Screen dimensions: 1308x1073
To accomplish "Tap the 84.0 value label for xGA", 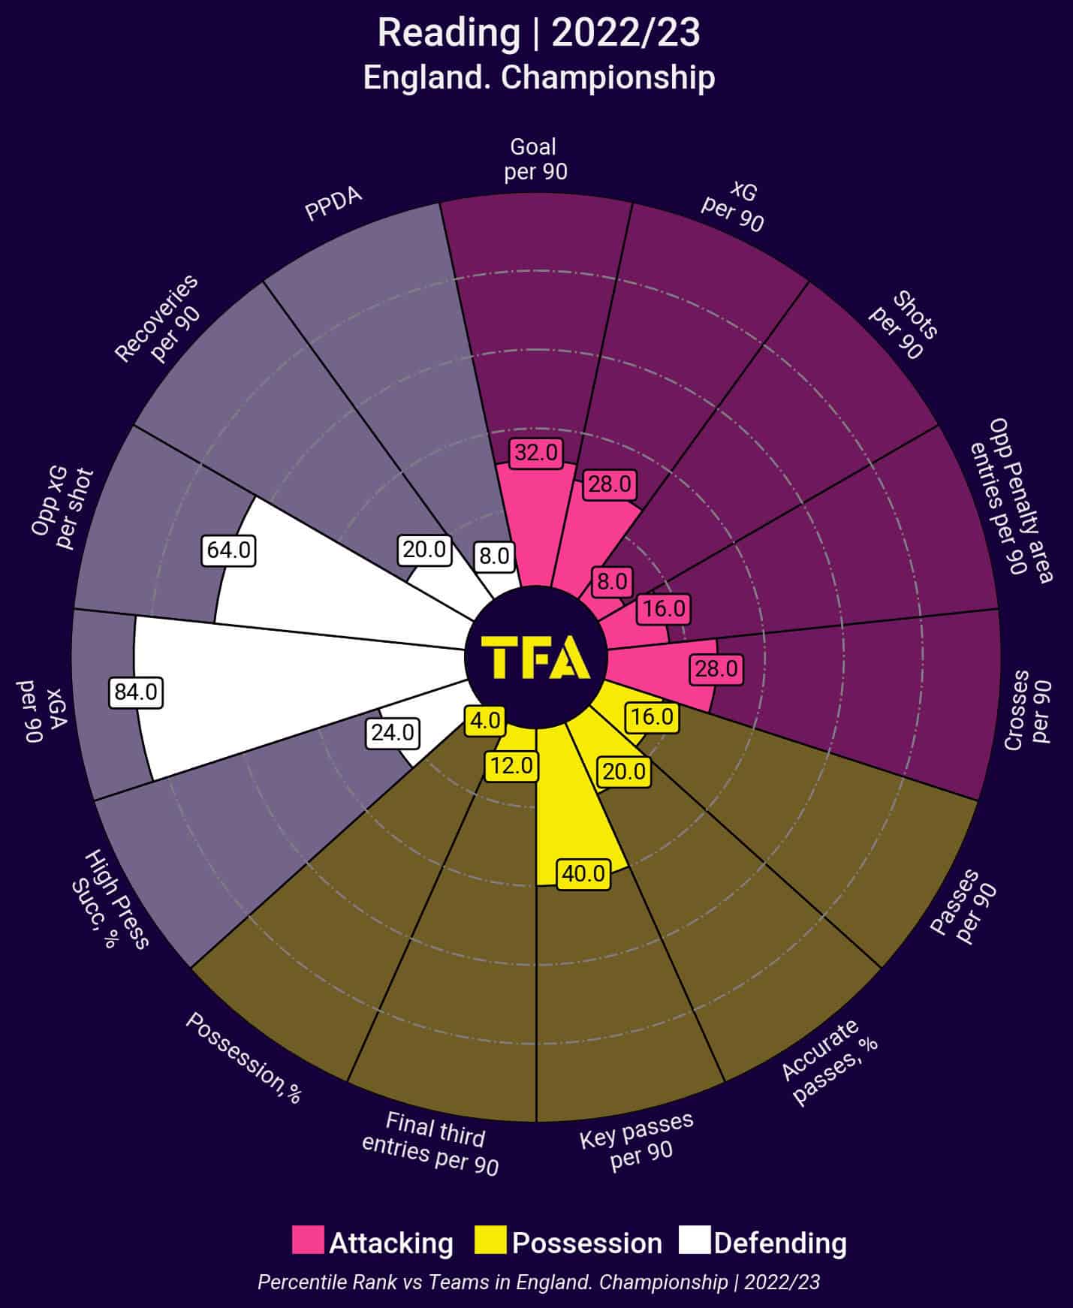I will (136, 692).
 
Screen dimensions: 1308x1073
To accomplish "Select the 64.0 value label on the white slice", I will (229, 550).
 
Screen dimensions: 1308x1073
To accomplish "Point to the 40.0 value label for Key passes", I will (583, 874).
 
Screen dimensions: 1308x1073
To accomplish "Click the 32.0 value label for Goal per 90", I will (536, 453).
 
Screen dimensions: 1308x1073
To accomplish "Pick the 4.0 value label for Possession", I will (484, 721).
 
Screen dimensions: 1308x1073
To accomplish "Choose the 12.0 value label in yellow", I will (511, 766).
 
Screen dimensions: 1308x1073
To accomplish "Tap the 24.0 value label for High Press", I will (393, 732).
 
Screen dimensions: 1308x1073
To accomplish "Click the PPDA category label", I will (333, 204).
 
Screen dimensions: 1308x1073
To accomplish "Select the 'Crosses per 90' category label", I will (1028, 710).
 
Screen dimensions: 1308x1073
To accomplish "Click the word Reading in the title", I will (448, 34).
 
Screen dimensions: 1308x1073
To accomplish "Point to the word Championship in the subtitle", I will (607, 78).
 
